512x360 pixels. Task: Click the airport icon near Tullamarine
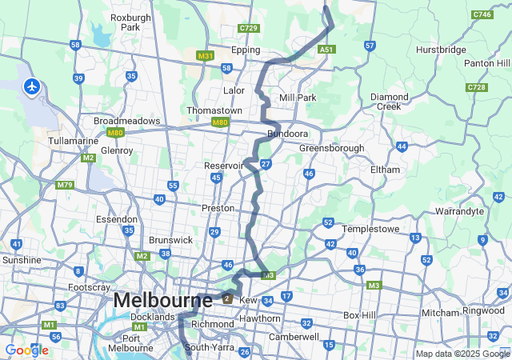tap(32, 86)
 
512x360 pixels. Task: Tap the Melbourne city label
tap(162, 301)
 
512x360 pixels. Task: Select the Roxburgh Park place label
tap(125, 22)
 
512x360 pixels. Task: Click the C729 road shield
tap(249, 28)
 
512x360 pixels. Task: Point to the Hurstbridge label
tap(441, 50)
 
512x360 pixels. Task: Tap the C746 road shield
tap(482, 14)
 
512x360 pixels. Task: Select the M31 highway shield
tap(206, 56)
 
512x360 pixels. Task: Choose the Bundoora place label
tap(288, 134)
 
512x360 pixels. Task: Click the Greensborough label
tap(331, 148)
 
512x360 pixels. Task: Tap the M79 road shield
tap(66, 185)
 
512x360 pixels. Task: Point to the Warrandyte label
tap(459, 212)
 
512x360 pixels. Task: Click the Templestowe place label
tap(370, 228)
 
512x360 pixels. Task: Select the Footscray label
tap(89, 286)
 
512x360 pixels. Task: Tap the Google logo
tap(26, 350)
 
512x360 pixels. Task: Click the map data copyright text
tap(462, 354)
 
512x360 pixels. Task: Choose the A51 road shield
tap(326, 50)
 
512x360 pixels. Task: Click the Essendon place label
tap(116, 218)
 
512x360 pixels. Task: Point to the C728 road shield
tap(477, 86)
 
